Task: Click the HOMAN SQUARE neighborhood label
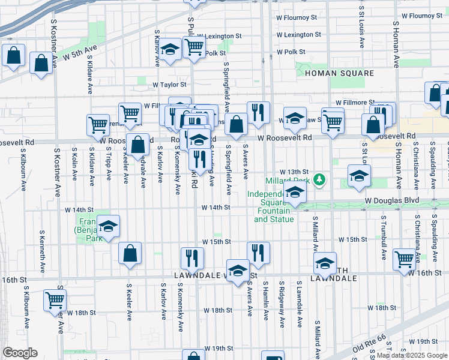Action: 339,73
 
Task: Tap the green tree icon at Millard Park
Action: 321,179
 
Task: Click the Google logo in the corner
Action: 20,352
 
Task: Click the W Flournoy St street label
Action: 422,16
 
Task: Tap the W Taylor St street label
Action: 169,85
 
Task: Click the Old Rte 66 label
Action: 367,346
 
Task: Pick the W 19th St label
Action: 218,348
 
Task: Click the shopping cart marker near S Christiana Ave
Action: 404,258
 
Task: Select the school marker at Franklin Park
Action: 109,226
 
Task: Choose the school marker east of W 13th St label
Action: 359,175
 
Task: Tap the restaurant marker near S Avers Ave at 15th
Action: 258,253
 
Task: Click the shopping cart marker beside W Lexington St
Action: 194,46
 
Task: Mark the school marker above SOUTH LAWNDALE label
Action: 325,263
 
